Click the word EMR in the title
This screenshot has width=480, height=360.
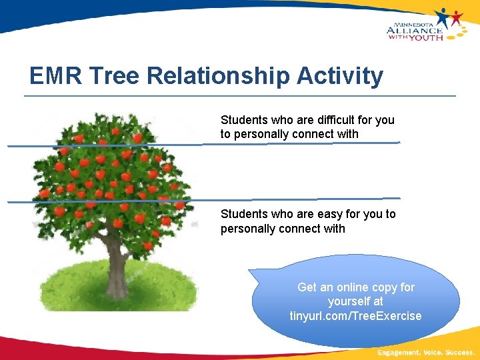[56, 76]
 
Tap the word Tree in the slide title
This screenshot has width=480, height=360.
[114, 76]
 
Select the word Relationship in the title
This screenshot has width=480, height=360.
[218, 76]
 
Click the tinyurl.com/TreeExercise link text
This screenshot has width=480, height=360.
[356, 316]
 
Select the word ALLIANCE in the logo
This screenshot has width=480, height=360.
[414, 29]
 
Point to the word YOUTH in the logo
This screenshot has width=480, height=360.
[426, 37]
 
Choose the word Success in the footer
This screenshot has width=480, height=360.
[459, 351]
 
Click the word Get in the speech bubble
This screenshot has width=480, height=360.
[307, 287]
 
